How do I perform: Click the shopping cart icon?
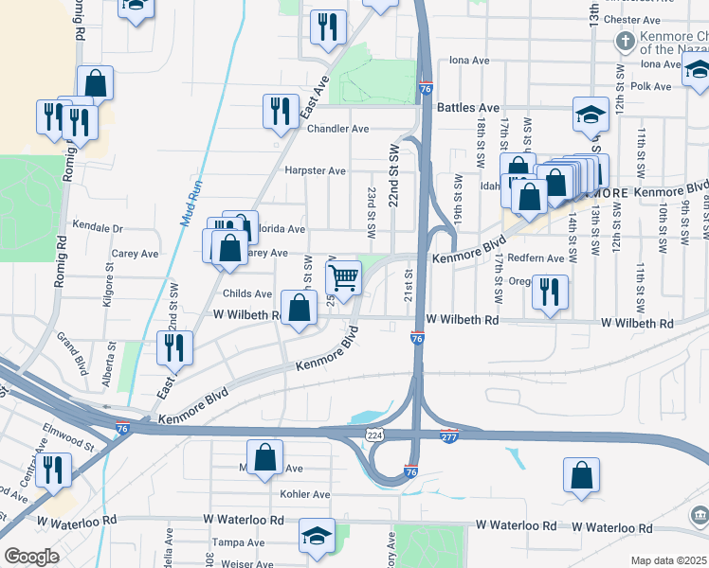(x=343, y=277)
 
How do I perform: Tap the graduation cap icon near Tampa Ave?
(x=316, y=535)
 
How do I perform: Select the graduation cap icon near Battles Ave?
(x=591, y=115)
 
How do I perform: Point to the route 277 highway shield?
(x=450, y=435)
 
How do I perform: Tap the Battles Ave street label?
(x=467, y=108)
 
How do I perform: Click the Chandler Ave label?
(x=337, y=129)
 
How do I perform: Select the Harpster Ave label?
(x=316, y=171)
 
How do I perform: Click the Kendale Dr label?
(x=99, y=228)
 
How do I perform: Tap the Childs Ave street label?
(x=248, y=294)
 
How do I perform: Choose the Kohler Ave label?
(x=305, y=494)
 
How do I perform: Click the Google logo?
(x=31, y=557)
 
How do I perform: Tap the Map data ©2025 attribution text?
(x=668, y=560)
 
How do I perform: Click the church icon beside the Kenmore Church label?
(x=624, y=42)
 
